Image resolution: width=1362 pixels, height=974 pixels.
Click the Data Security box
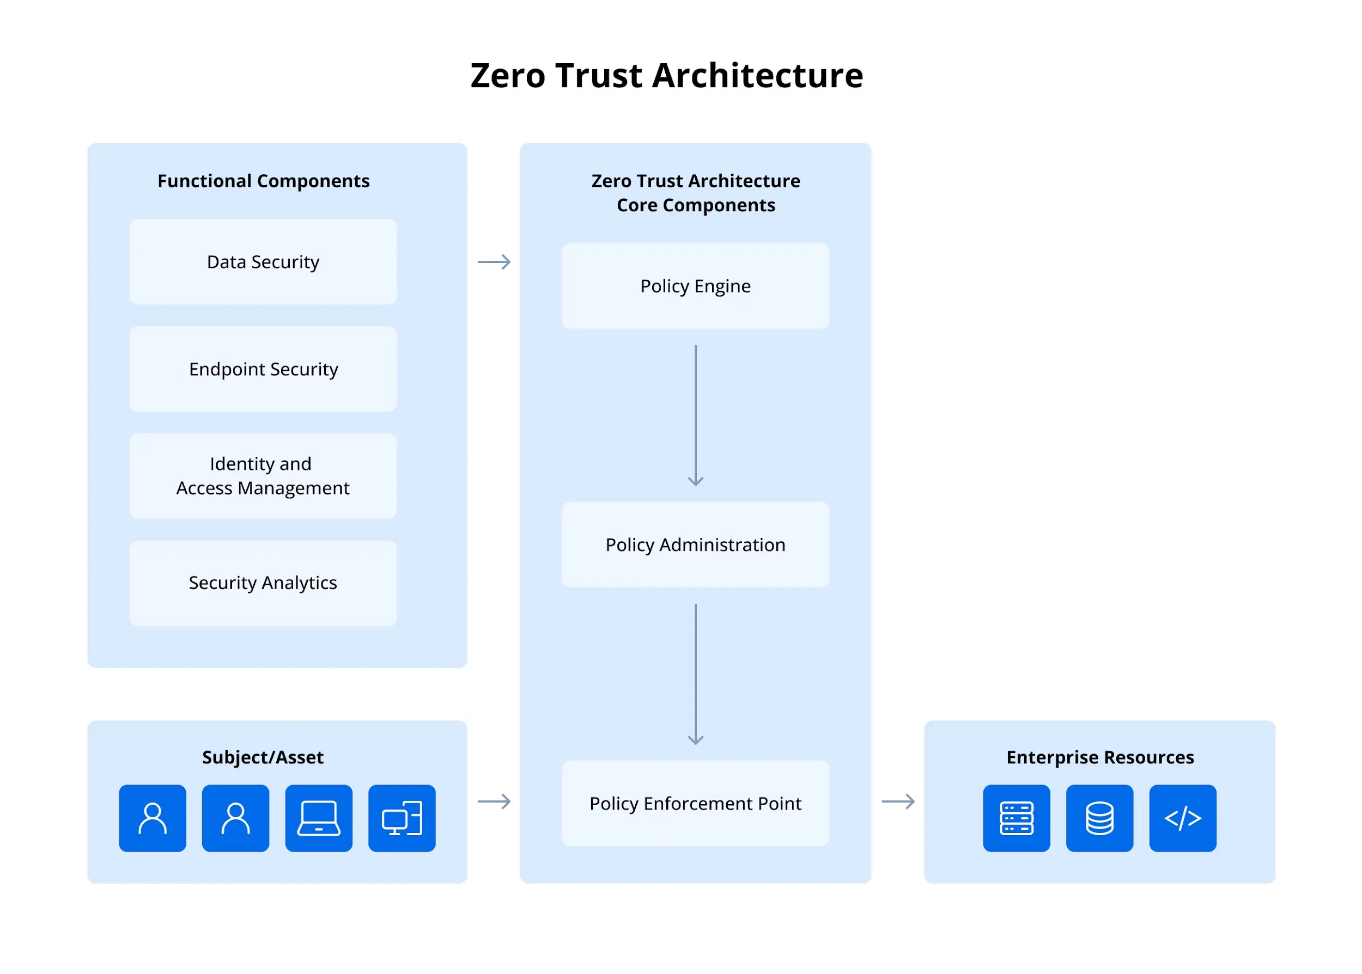click(x=263, y=262)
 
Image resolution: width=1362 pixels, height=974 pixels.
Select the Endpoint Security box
click(x=263, y=369)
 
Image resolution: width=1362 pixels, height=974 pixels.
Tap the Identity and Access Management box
click(x=263, y=476)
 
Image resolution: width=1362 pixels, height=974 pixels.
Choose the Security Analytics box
click(x=263, y=583)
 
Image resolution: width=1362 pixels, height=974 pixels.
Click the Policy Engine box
click(x=695, y=286)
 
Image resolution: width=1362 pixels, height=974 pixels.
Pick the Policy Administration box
click(x=695, y=544)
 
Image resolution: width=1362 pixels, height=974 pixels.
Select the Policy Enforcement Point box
click(x=695, y=803)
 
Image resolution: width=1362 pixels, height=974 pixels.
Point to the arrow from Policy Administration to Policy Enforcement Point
click(x=695, y=673)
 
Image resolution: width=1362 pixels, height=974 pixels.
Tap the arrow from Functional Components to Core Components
click(x=494, y=262)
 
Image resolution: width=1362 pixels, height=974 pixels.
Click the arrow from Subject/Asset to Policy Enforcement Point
click(x=494, y=801)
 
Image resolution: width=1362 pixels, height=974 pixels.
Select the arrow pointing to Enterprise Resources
click(x=898, y=801)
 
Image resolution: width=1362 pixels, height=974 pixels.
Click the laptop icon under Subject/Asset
click(x=319, y=818)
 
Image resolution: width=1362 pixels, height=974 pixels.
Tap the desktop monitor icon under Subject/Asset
click(x=402, y=818)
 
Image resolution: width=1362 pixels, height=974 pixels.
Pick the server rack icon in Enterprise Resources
click(x=1017, y=818)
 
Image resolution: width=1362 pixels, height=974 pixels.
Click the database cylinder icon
click(x=1099, y=818)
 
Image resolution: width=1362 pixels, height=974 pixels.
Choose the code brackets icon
click(x=1183, y=818)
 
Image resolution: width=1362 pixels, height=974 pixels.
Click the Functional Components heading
click(x=263, y=181)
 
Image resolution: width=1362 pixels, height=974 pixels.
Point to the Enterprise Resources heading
click(x=1100, y=757)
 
